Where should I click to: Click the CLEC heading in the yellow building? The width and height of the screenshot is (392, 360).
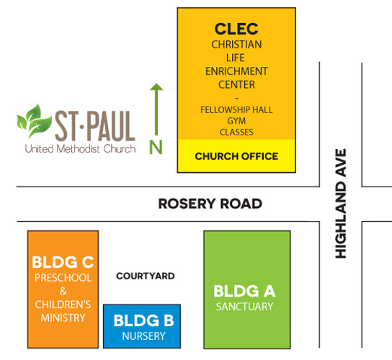(236, 29)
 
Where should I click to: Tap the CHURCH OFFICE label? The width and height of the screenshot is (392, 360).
(236, 156)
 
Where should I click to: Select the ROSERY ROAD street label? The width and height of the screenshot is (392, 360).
(210, 204)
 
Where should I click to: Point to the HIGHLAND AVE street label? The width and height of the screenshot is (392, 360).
(341, 203)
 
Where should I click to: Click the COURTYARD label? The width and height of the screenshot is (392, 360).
(146, 276)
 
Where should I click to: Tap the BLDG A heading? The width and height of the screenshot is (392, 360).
(244, 292)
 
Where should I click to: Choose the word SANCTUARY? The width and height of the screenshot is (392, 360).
(244, 307)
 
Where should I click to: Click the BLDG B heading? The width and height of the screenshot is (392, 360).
(143, 320)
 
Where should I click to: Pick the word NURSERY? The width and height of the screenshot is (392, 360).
(143, 336)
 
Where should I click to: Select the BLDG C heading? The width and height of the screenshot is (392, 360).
(63, 262)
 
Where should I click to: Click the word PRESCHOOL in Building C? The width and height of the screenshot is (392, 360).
(63, 278)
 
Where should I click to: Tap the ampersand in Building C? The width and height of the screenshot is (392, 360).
(63, 291)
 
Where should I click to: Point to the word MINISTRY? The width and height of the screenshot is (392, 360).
(63, 318)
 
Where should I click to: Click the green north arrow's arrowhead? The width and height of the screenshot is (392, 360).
(156, 86)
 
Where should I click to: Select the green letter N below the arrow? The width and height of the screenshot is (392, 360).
(156, 147)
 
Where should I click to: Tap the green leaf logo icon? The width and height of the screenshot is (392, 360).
(35, 121)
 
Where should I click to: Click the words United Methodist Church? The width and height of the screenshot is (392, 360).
(80, 149)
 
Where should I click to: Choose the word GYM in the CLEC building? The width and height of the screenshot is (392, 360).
(236, 121)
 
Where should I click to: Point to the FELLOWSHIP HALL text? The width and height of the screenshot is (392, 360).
(236, 110)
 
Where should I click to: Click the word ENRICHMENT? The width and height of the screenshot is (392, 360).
(236, 71)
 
